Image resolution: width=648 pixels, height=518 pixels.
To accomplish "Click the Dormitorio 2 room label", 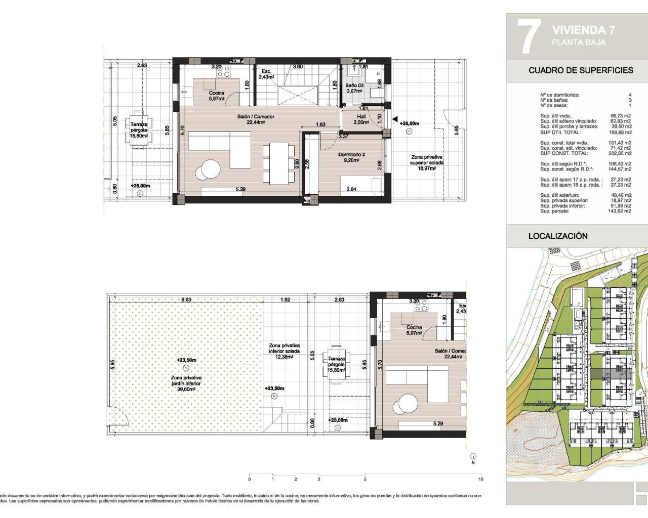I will [348, 155].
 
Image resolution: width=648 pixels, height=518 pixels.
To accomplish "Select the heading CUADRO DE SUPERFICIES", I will [580, 70].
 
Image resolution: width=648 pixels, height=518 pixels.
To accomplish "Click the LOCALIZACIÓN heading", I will [558, 236].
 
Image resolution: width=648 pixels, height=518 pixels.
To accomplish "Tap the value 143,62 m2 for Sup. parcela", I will [621, 211].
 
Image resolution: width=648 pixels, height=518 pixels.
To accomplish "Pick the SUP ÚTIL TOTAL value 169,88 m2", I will [621, 133].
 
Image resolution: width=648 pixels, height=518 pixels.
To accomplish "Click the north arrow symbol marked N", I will [473, 456].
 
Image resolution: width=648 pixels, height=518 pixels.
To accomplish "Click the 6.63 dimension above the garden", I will [186, 300].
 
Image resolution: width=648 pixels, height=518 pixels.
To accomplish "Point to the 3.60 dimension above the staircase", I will [298, 67].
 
